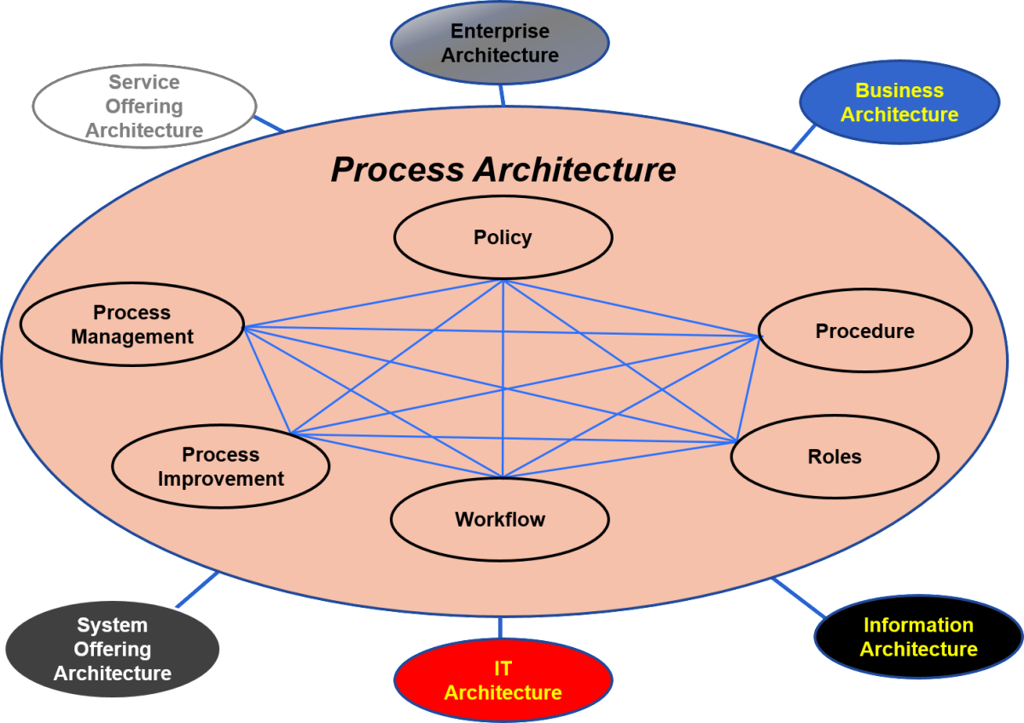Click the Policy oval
tap(503, 237)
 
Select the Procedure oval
tap(864, 330)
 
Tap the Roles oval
tap(834, 457)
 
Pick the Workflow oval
tap(499, 519)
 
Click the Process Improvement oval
tap(220, 466)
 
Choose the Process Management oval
tap(131, 324)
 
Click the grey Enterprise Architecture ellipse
tap(500, 43)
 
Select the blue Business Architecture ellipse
tap(899, 102)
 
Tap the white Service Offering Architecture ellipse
tap(144, 106)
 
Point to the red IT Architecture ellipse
tap(503, 680)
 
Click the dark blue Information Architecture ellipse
tap(918, 637)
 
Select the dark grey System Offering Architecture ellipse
tap(112, 649)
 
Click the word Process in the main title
tap(398, 169)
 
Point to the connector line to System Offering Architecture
tap(196, 590)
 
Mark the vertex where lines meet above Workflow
tap(503, 477)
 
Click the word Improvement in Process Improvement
tap(220, 479)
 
